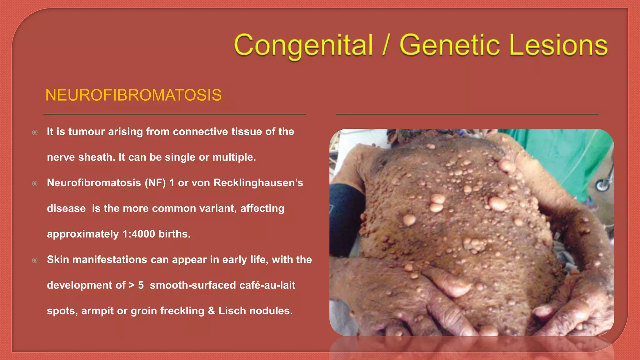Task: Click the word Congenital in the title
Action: [303, 46]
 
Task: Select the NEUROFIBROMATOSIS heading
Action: [133, 95]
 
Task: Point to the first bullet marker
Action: [35, 132]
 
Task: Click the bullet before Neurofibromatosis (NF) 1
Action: [35, 184]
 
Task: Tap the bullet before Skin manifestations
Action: [35, 260]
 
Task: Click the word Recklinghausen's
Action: [258, 183]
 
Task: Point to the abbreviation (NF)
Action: [155, 183]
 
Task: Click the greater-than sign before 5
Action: [132, 285]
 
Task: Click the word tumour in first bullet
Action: [87, 132]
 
